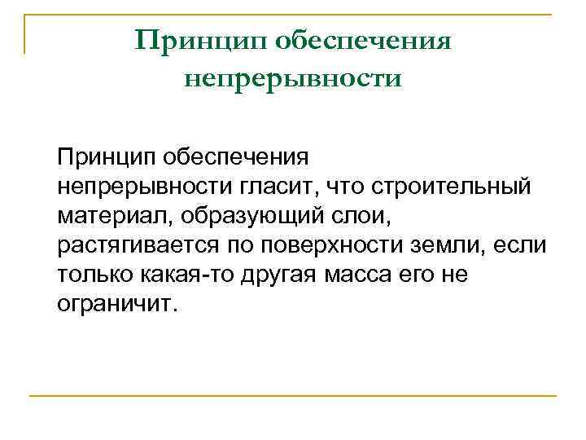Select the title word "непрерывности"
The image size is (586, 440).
(293, 80)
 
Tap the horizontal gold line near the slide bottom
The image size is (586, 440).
(293, 395)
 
